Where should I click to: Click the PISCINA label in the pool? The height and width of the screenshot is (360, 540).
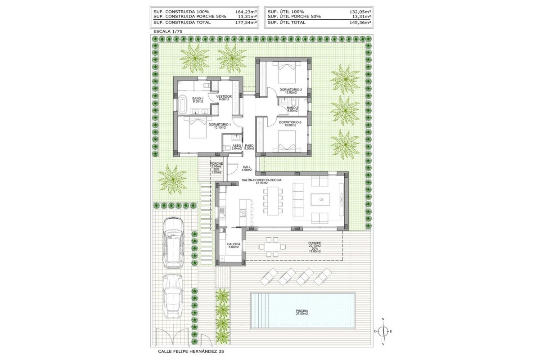[302, 311]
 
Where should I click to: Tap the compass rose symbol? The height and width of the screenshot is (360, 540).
[383, 332]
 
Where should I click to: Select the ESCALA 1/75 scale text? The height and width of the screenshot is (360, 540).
[167, 31]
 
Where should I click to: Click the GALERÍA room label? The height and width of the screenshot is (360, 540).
[233, 245]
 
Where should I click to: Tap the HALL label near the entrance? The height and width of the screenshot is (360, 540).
[246, 167]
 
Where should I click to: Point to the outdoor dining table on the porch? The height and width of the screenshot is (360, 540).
[273, 246]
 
